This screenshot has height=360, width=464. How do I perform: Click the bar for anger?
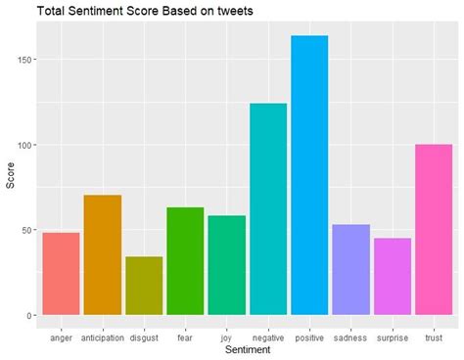61,274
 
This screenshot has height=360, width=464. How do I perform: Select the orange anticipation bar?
102,255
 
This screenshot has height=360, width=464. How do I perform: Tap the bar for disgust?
143,286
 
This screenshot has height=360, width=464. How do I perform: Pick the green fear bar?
185,261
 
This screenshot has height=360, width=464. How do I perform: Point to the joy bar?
226,265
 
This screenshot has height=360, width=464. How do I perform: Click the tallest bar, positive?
309,176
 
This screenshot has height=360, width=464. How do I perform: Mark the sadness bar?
350,270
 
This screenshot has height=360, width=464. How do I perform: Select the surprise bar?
392,277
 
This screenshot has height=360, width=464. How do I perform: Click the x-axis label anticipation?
102,337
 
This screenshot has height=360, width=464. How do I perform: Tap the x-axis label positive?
309,337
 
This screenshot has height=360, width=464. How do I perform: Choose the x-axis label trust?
434,337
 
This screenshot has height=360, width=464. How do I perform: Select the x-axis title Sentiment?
248,350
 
